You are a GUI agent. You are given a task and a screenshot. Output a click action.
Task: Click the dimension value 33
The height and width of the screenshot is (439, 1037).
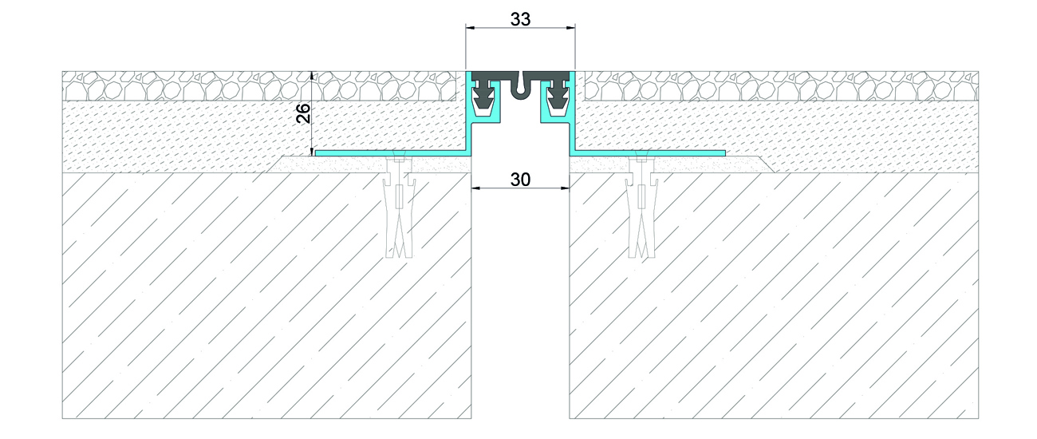pos(520,19)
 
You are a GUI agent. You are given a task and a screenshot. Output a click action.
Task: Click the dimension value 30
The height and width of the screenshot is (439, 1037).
pos(520,180)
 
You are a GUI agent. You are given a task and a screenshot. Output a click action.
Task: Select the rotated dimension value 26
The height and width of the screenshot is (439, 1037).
pos(303,113)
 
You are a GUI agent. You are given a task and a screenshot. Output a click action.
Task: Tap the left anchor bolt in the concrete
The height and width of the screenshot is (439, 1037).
pos(400,206)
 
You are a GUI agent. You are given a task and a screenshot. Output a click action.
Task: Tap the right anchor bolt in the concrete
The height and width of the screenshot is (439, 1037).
pos(641,206)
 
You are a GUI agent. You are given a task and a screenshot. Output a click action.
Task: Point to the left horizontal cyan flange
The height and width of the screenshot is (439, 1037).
pos(391,153)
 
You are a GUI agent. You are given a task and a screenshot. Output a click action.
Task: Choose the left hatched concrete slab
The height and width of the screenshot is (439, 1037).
pos(266,295)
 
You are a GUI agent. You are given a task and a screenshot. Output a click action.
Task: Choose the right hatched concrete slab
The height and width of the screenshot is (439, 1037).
pos(774,295)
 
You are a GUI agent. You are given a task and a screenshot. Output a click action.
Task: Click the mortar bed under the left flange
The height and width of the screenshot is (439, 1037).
pos(370,164)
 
